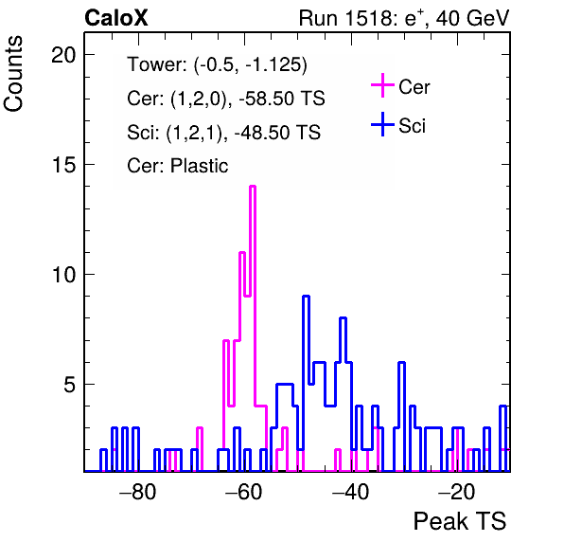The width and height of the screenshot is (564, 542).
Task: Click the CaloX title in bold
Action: click(x=116, y=18)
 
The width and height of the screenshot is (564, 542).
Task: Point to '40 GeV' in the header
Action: click(x=473, y=18)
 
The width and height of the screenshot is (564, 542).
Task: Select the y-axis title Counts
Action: click(x=13, y=74)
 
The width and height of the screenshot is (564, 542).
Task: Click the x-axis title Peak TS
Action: click(x=460, y=521)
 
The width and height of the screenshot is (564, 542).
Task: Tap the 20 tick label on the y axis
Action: click(x=63, y=55)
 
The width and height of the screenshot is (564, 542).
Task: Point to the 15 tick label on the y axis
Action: click(x=63, y=165)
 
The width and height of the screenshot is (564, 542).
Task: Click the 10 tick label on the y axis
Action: click(x=63, y=275)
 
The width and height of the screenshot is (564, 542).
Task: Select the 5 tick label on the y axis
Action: click(x=69, y=385)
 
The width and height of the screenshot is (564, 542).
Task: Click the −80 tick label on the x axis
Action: click(x=138, y=492)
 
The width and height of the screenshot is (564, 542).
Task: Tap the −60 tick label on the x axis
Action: click(x=244, y=492)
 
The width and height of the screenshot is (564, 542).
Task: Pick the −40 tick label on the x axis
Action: click(x=350, y=492)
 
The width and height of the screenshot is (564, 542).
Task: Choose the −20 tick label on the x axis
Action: click(x=457, y=492)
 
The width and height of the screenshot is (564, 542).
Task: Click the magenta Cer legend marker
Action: click(x=382, y=85)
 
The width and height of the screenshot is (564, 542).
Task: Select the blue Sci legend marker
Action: click(x=382, y=124)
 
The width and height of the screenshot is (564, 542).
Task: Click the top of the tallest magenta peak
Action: click(x=253, y=186)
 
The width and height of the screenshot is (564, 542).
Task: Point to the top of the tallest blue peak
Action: click(x=306, y=296)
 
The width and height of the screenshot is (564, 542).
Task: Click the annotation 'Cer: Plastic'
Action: click(x=178, y=166)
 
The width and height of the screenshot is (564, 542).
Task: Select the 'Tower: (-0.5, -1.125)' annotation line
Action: click(x=218, y=64)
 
